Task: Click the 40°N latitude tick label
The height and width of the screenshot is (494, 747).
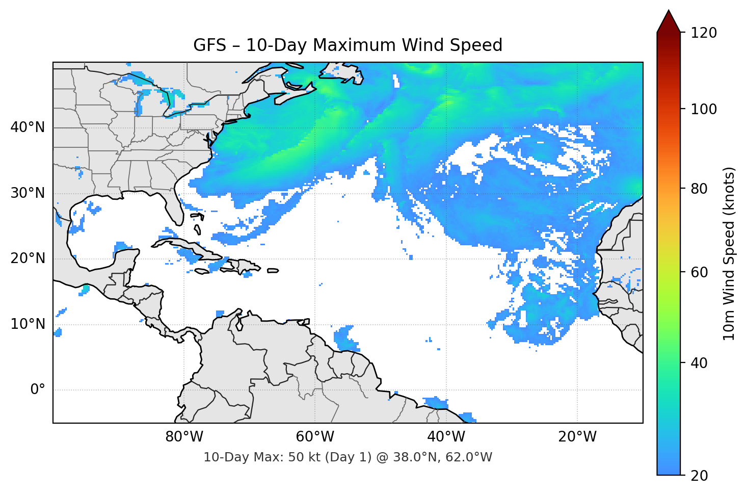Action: [x=28, y=127]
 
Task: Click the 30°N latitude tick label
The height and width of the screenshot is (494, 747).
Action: [x=28, y=193]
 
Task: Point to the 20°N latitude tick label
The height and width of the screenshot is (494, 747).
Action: [x=28, y=259]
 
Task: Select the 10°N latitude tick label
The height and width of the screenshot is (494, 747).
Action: [x=28, y=324]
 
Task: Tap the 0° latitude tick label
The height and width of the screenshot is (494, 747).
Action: [x=37, y=390]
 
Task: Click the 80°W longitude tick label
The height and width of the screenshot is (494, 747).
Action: [x=184, y=437]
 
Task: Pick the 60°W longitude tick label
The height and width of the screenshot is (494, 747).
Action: [x=315, y=437]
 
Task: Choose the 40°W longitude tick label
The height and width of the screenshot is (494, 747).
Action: [x=446, y=437]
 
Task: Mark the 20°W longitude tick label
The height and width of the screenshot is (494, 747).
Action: [x=577, y=437]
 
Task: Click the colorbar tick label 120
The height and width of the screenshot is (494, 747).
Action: [x=703, y=33]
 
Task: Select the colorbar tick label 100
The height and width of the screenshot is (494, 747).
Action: [x=703, y=109]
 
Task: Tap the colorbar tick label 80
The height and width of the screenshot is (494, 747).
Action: [x=699, y=189]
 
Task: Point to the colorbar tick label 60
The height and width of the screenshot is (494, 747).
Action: [x=699, y=272]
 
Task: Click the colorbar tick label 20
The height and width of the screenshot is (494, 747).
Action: [x=699, y=475]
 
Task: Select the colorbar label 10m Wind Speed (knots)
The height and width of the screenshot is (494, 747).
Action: [x=729, y=253]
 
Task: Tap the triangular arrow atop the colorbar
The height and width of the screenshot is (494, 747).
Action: [x=669, y=22]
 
